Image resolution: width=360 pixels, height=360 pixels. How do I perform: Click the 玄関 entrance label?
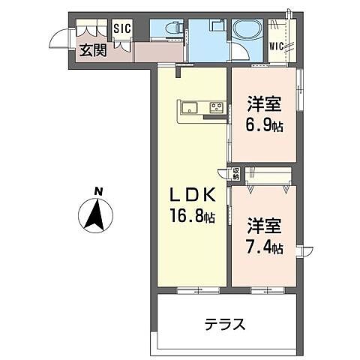coord(94,51)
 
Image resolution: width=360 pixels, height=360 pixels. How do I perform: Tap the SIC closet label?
coord(121,29)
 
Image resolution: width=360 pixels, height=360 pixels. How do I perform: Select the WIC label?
coord(276,46)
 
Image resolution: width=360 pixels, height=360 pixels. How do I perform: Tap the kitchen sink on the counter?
coord(187,106)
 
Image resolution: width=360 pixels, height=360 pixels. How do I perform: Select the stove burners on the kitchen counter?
coord(216,106)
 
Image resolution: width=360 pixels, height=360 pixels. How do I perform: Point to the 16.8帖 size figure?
coord(191,217)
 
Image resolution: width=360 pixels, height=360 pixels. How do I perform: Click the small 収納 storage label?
coord(235,175)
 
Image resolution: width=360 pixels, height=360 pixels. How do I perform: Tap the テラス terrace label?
coord(225,325)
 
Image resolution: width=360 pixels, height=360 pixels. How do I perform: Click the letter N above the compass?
coord(97,192)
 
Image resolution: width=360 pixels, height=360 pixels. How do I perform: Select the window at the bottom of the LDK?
coord(193,289)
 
